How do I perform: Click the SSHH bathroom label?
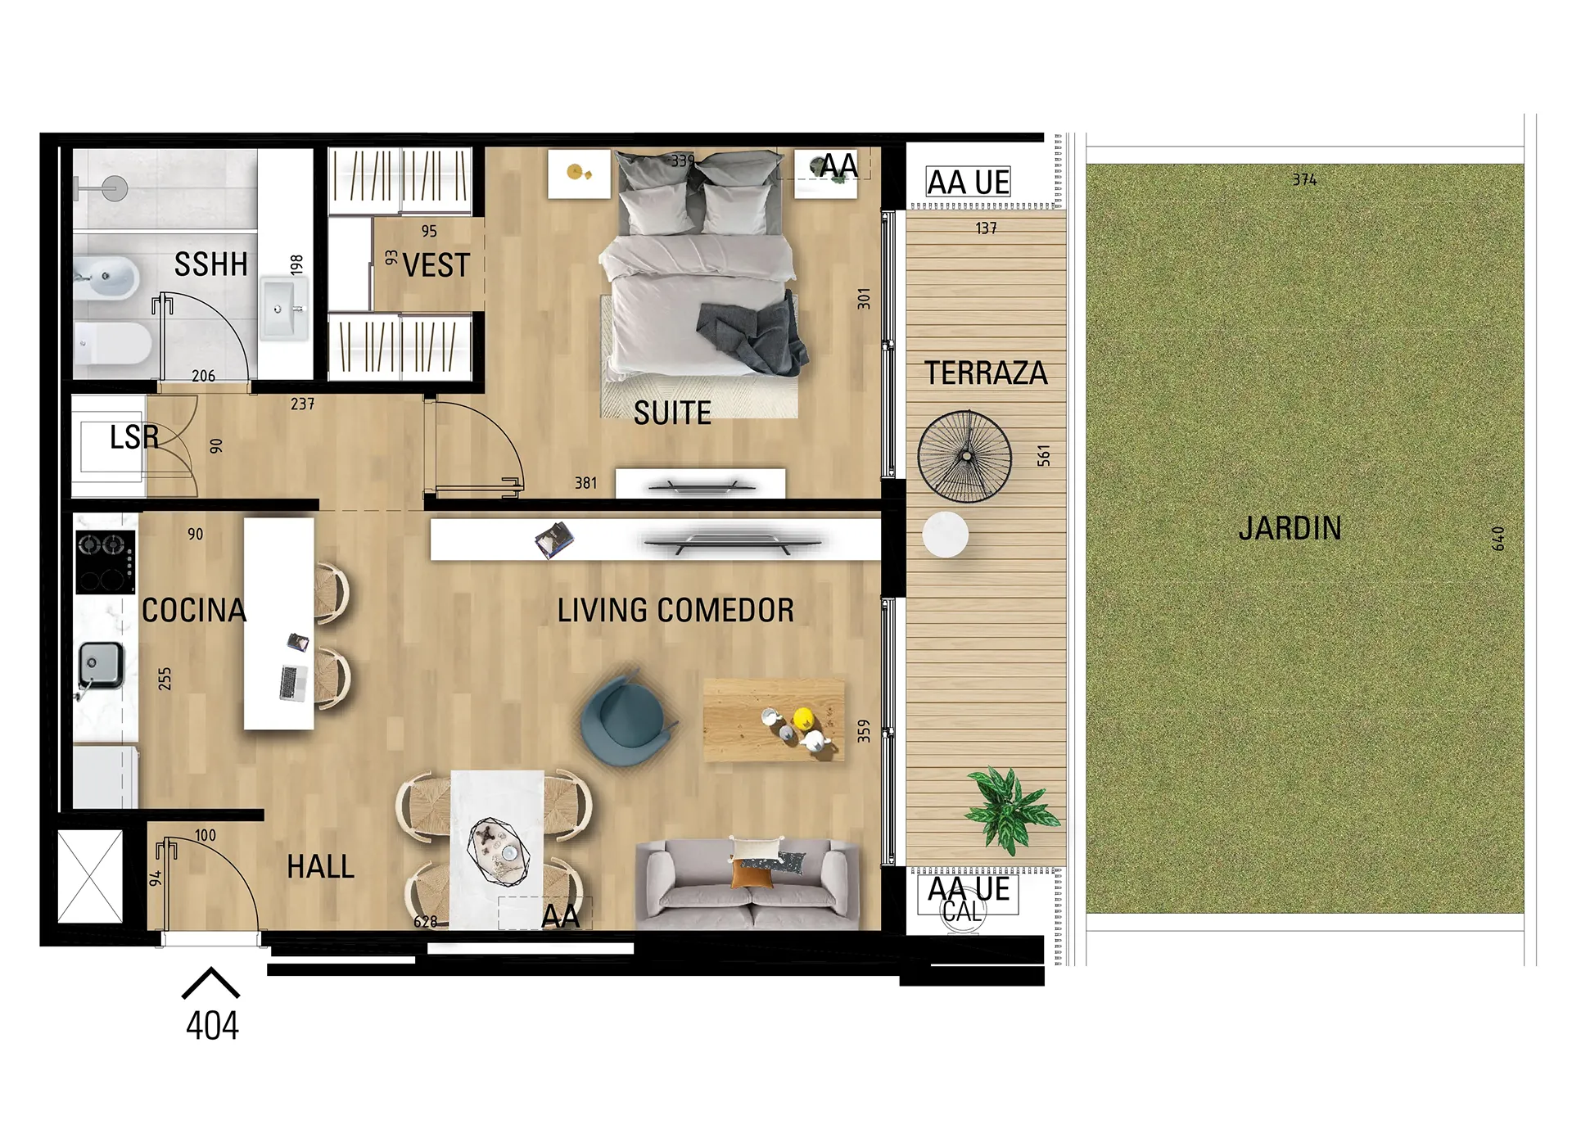pyautogui.click(x=210, y=264)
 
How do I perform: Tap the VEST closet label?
pyautogui.click(x=436, y=265)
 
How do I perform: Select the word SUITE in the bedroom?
pyautogui.click(x=672, y=413)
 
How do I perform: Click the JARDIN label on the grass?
pyautogui.click(x=1290, y=528)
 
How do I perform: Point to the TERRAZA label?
pyautogui.click(x=986, y=373)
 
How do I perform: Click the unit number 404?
pyautogui.click(x=212, y=1026)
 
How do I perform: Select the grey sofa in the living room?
pyautogui.click(x=747, y=884)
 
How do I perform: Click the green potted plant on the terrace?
pyautogui.click(x=1011, y=810)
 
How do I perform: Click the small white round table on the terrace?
pyautogui.click(x=946, y=535)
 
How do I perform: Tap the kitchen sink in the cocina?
pyautogui.click(x=101, y=665)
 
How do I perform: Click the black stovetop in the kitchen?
pyautogui.click(x=106, y=562)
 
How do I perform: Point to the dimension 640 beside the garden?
pyautogui.click(x=1498, y=538)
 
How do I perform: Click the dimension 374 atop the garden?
pyautogui.click(x=1305, y=179)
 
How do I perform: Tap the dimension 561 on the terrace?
pyautogui.click(x=1043, y=456)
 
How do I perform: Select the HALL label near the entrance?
pyautogui.click(x=321, y=867)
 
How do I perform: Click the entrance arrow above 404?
pyautogui.click(x=211, y=982)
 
